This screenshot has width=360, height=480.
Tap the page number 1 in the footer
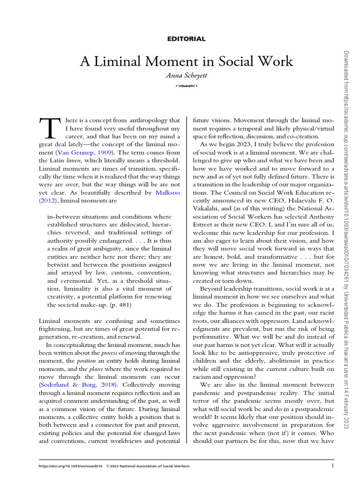point(332,465)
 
